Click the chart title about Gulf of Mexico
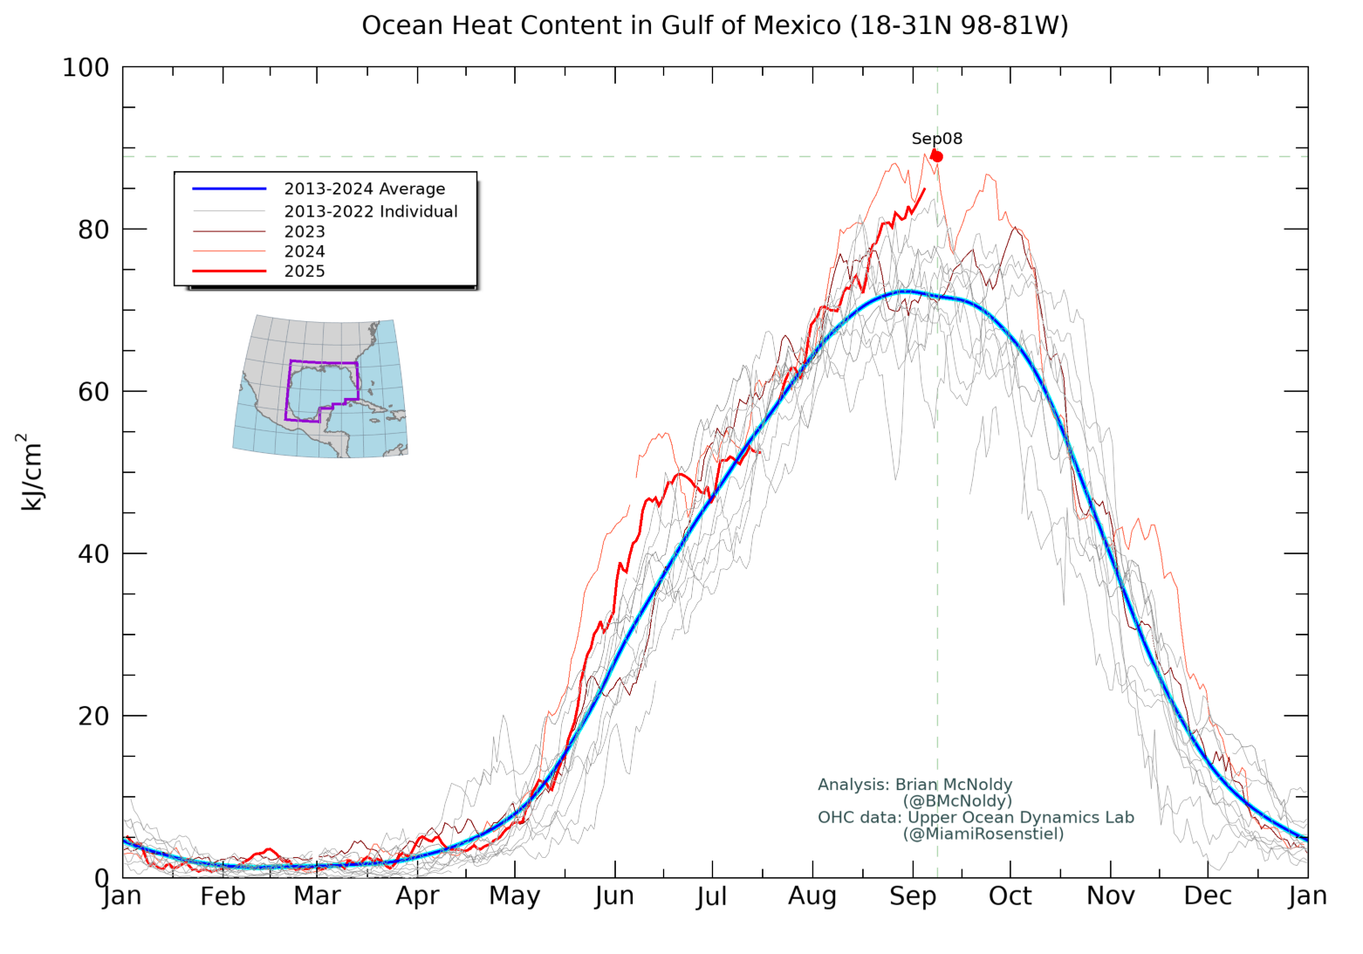pos(715,25)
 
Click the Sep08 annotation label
pos(936,138)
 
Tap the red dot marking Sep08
pos(936,156)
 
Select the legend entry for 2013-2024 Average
pos(364,189)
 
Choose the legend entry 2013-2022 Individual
pos(370,211)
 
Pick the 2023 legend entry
pos(305,231)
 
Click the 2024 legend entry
pos(305,251)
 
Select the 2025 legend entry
pos(305,271)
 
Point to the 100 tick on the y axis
pos(86,67)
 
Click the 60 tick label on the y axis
pos(93,392)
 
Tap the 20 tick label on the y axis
pos(93,716)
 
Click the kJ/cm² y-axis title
pos(31,472)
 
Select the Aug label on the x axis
pos(812,896)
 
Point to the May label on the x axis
pos(514,896)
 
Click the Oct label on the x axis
pos(1010,896)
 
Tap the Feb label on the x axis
pos(223,896)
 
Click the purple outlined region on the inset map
pos(321,389)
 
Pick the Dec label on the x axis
pos(1208,896)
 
